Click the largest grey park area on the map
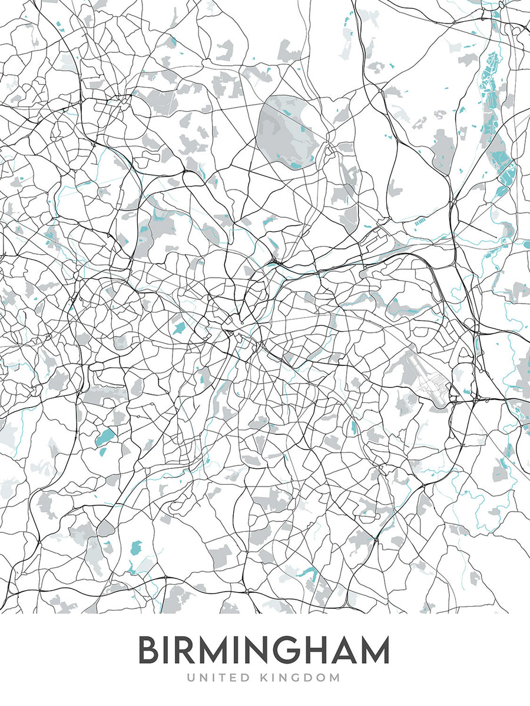click(x=287, y=132)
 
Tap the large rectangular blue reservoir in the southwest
click(x=107, y=437)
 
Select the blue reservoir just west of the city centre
click(x=178, y=327)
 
